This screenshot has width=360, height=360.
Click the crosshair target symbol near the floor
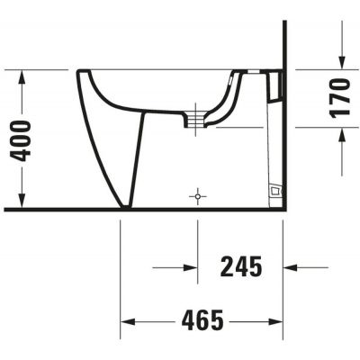pyautogui.click(x=198, y=194)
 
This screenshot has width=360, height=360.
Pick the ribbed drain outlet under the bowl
pyautogui.click(x=192, y=118)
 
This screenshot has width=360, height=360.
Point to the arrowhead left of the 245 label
pyautogui.click(x=191, y=266)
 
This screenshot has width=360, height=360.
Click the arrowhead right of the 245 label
pyautogui.click(x=291, y=266)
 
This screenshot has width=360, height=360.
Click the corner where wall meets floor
pyautogui.click(x=283, y=209)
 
